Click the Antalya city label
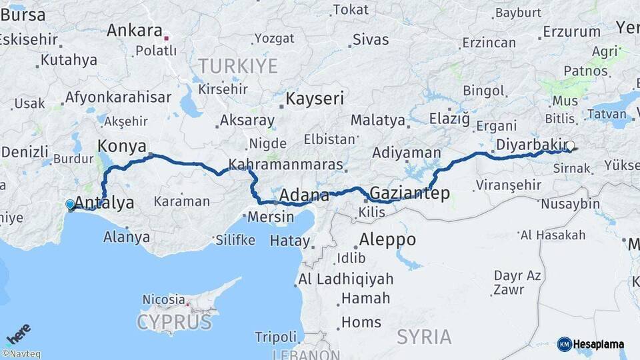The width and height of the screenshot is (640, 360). tap(105, 203)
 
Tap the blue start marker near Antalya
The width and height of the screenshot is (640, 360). tap(70, 205)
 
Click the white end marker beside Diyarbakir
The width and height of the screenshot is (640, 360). tap(570, 145)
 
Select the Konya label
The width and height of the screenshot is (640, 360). tap(123, 146)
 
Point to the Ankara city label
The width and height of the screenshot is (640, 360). tap(135, 31)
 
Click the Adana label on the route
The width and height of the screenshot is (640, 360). tap(304, 196)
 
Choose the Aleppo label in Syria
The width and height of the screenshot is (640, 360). tap(387, 239)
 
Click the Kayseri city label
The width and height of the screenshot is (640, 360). tap(315, 99)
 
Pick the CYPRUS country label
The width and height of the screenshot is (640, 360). tap(174, 323)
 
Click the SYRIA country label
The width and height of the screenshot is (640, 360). tap(424, 337)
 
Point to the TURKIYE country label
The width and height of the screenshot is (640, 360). tap(237, 65)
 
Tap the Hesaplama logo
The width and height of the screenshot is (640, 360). tap(591, 345)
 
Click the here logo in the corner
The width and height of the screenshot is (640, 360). tap(18, 333)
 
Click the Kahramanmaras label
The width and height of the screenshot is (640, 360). tap(285, 165)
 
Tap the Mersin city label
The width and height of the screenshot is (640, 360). tap(270, 217)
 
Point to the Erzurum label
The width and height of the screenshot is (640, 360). tap(571, 31)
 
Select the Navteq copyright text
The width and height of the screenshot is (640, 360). tap(21, 354)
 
